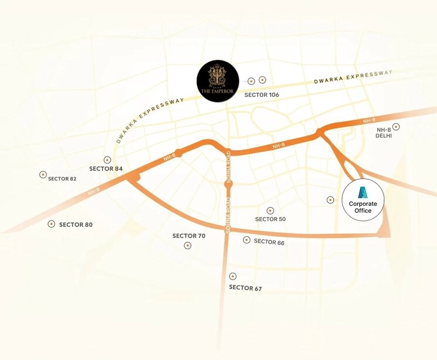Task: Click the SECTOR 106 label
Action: [262, 94]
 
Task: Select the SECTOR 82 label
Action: [62, 178]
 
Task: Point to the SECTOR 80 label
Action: [76, 225]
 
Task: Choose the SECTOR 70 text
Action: [189, 236]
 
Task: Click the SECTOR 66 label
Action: [269, 242]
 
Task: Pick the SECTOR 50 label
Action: [270, 219]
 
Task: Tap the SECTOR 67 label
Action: [245, 288]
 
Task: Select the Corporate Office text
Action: [363, 207]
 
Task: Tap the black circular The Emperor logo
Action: [218, 81]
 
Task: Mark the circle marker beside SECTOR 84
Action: [107, 159]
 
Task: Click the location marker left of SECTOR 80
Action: [52, 224]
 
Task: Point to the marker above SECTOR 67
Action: [233, 276]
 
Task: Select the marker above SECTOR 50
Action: [270, 210]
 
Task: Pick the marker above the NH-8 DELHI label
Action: [397, 127]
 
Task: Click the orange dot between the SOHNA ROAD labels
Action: [229, 184]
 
